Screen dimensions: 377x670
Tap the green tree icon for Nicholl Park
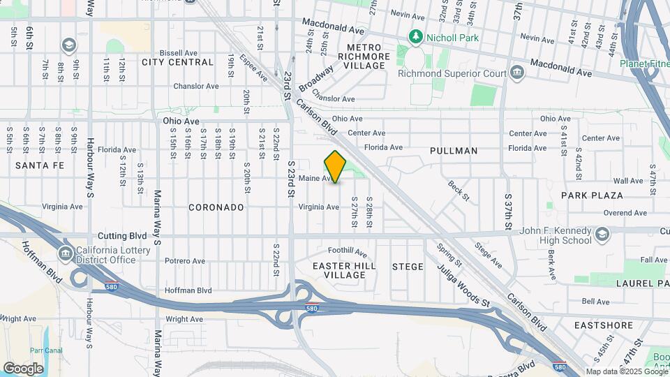pos(416,36)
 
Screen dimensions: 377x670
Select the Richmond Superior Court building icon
pos(517,72)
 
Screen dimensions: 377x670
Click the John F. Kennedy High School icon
pos(602,234)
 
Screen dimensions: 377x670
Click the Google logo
pos(23,368)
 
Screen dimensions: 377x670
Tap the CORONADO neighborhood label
pos(216,207)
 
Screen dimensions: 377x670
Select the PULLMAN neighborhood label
pos(454,151)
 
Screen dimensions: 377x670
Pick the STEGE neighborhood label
pos(408,267)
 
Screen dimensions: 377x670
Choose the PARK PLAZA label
pos(592,195)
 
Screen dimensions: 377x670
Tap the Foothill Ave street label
pos(348,251)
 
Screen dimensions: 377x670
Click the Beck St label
pos(458,188)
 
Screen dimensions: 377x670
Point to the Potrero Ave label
pos(184,261)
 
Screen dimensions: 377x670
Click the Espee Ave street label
pos(253,67)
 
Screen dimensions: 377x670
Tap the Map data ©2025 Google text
pos(626,371)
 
